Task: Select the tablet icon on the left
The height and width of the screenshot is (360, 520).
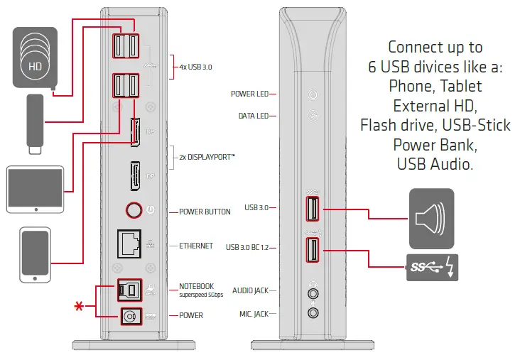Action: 35,189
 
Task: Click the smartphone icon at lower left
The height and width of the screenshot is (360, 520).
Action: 35,253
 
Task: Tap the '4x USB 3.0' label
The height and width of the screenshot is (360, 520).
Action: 195,67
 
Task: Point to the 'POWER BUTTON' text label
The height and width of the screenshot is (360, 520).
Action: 205,212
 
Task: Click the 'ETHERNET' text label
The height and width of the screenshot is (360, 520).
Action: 196,246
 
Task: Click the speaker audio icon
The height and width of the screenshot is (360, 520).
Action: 431,214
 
